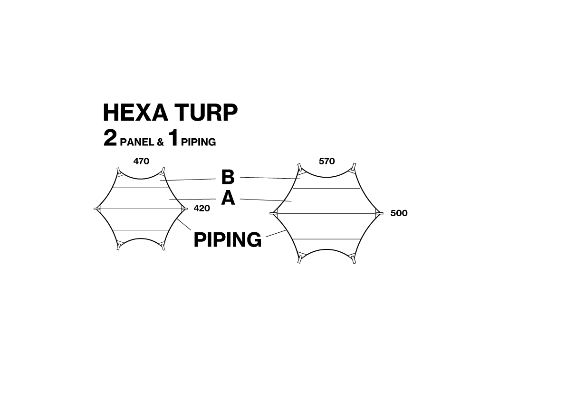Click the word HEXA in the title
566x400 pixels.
135,113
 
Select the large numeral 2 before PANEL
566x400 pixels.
110,139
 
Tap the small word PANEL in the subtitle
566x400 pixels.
137,142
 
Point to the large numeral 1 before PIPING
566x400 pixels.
174,139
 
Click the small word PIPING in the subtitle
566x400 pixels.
198,142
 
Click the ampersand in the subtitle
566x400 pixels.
160,142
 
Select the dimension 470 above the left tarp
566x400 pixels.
141,161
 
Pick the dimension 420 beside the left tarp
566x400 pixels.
202,208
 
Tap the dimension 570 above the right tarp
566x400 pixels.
326,161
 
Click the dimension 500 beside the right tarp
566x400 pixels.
399,213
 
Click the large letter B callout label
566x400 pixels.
228,178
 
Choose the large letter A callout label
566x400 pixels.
228,199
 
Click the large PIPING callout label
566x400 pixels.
228,240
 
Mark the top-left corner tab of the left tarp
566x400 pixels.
118,170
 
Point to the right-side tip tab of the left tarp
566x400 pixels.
185,209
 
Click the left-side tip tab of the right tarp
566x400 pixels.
273,213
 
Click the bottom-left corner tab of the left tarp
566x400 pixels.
118,247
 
